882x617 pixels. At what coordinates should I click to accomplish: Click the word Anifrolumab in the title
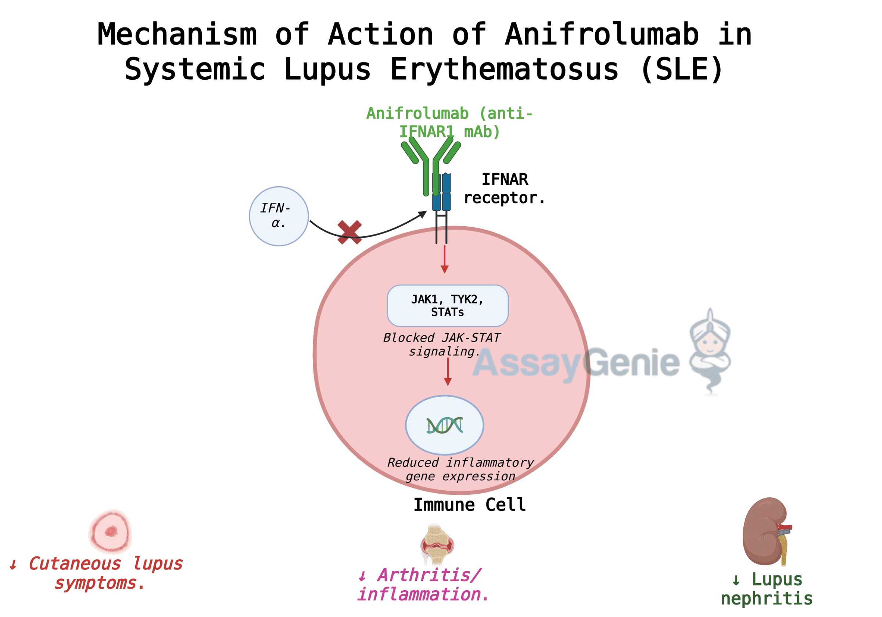pyautogui.click(x=601, y=35)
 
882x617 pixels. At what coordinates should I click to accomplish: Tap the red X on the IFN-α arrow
pyautogui.click(x=349, y=232)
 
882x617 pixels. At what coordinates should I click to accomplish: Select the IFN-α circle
pyautogui.click(x=279, y=216)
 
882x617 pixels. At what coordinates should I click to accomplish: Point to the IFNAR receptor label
pyautogui.click(x=504, y=188)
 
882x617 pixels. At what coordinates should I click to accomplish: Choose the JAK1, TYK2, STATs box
pyautogui.click(x=448, y=306)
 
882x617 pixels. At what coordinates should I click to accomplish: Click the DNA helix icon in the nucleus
pyautogui.click(x=444, y=425)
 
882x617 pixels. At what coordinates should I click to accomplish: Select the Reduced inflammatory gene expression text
pyautogui.click(x=460, y=469)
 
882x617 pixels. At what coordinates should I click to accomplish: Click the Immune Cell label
pyautogui.click(x=469, y=505)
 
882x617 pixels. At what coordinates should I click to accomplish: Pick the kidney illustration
pyautogui.click(x=766, y=531)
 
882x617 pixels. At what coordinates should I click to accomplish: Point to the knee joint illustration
pyautogui.click(x=437, y=544)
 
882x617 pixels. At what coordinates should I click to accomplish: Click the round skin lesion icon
pyautogui.click(x=111, y=531)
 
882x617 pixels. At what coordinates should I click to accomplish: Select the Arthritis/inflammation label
pyautogui.click(x=423, y=585)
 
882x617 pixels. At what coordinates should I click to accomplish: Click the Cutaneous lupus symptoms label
pyautogui.click(x=96, y=573)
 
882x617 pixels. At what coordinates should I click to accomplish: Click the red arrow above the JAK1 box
pyautogui.click(x=444, y=260)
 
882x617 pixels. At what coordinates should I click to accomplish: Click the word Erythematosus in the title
pyautogui.click(x=504, y=69)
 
